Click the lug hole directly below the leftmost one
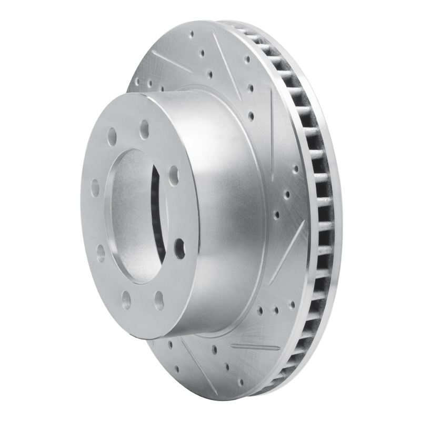coord(100,253)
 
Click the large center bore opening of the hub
coord(132,210)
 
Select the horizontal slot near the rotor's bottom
coord(248,347)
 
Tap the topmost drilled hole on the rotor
coord(191,35)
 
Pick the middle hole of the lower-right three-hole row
coord(275,308)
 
